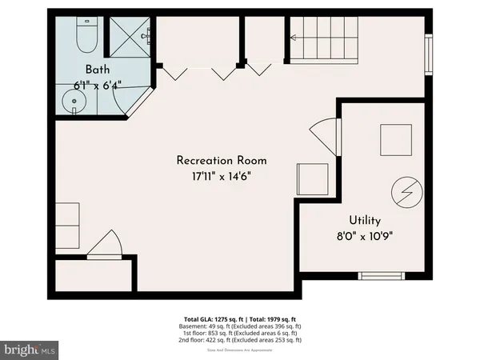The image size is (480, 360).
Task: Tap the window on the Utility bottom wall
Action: [x=382, y=276]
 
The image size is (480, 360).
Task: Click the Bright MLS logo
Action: [x=30, y=350]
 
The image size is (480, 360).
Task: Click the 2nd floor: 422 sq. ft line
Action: [x=239, y=340]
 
